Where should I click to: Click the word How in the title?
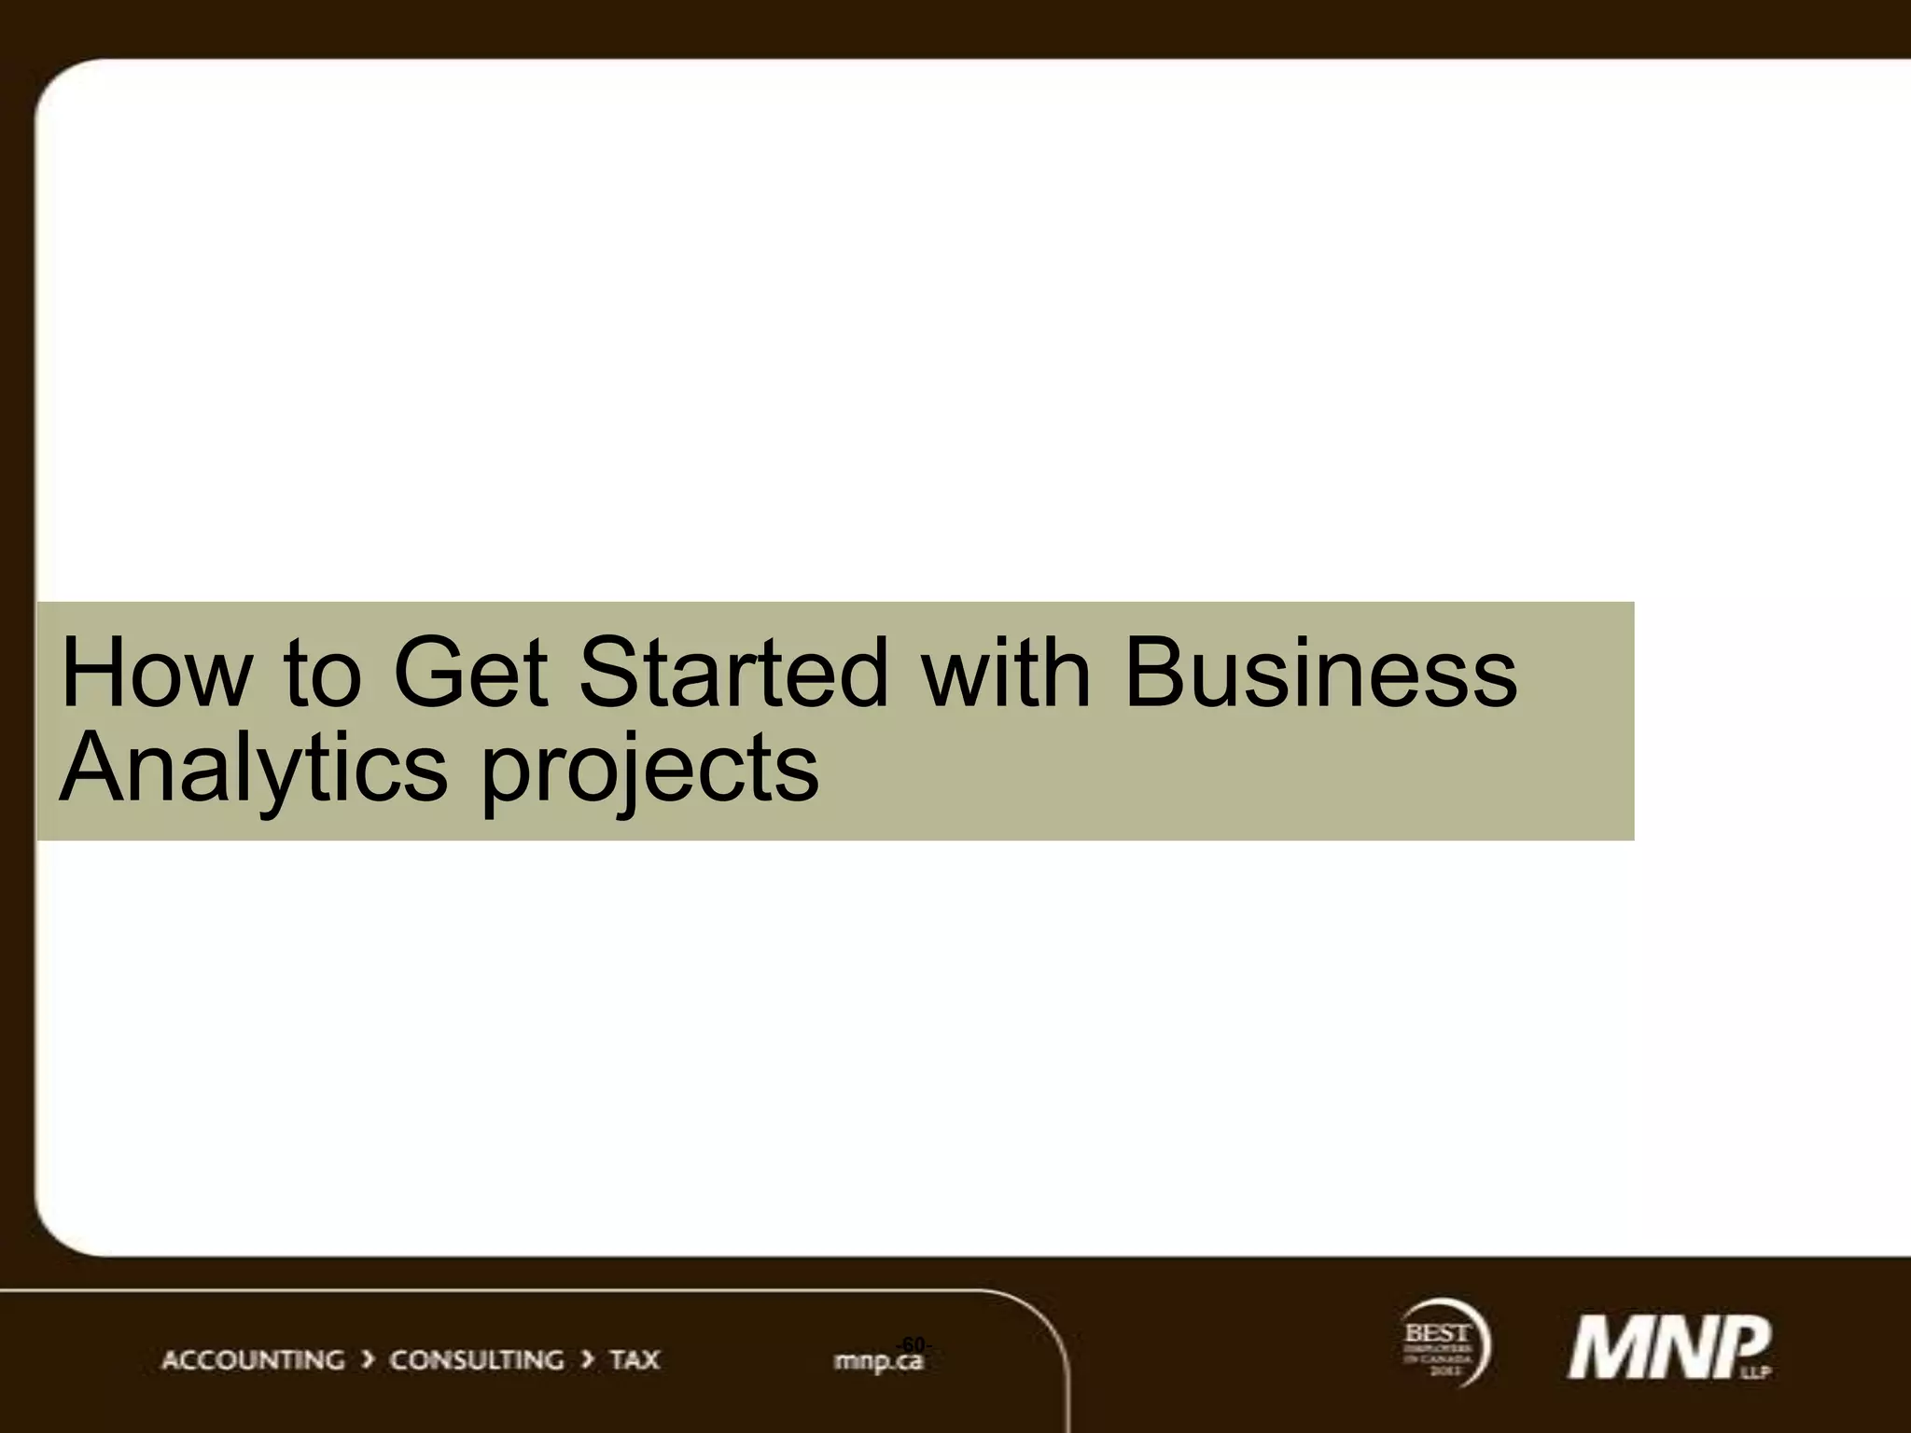click(x=156, y=672)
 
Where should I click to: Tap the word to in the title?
click(x=321, y=672)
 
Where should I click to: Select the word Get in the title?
click(x=469, y=672)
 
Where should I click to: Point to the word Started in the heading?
click(x=733, y=672)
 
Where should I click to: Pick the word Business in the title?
click(x=1320, y=672)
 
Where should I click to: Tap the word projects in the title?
click(x=649, y=770)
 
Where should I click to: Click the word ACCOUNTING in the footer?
click(x=253, y=1360)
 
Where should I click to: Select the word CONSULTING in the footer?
click(x=477, y=1360)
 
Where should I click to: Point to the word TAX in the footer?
click(x=635, y=1360)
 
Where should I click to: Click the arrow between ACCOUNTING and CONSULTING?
click(x=368, y=1360)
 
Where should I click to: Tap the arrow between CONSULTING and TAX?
click(x=587, y=1360)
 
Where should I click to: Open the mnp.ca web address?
click(x=877, y=1363)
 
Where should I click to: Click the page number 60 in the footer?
click(x=914, y=1343)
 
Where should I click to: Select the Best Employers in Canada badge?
click(x=1443, y=1343)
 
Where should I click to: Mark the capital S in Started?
click(x=612, y=672)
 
